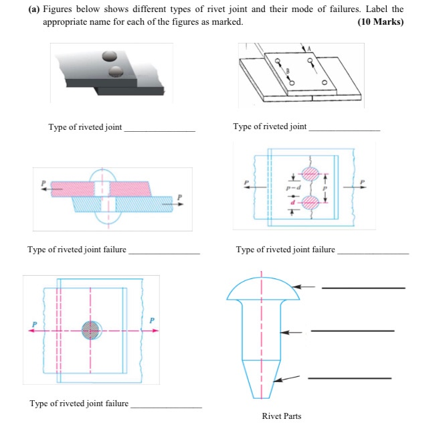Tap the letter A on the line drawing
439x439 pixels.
tap(309, 48)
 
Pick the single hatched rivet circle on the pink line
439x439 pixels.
tap(91, 330)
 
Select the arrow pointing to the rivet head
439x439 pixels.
tap(305, 286)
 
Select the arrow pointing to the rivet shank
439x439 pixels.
tap(292, 331)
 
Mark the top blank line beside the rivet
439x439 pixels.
tap(363, 288)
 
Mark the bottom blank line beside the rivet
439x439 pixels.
tap(349, 378)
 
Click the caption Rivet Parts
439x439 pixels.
tap(282, 416)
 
